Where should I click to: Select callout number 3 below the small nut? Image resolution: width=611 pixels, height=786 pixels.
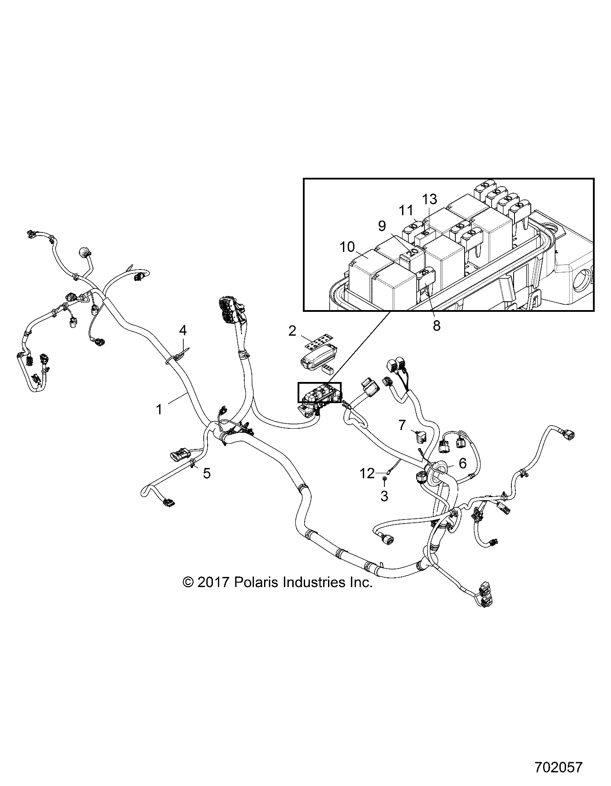(x=384, y=496)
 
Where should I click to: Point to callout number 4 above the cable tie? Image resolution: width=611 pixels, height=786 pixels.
(x=183, y=329)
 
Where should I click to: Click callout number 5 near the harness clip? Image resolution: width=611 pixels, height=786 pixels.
(x=207, y=473)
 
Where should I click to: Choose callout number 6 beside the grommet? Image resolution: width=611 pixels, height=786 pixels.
(x=462, y=463)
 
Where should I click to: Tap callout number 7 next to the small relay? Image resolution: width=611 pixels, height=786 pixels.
(x=402, y=425)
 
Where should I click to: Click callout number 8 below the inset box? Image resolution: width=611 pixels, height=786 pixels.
(x=436, y=326)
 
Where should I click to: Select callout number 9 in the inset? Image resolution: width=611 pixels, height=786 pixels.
(x=382, y=226)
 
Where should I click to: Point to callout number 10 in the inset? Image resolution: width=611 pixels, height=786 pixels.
(x=347, y=247)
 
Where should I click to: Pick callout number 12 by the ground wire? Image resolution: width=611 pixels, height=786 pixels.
(x=367, y=473)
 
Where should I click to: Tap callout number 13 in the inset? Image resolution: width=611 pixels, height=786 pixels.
(x=429, y=199)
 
